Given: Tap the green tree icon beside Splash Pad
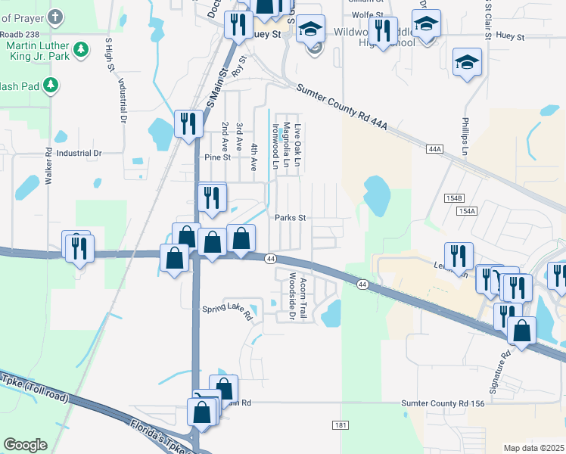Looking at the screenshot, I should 51,85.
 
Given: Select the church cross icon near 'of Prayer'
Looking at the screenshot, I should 54,17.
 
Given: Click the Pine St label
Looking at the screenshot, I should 217,157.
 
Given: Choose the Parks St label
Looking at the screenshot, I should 290,217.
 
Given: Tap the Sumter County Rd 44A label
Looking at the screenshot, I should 342,107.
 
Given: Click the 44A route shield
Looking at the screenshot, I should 434,150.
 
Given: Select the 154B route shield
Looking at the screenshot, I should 454,197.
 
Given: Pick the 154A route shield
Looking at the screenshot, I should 468,210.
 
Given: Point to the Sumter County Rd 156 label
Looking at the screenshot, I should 443,403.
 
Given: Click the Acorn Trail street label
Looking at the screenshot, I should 303,297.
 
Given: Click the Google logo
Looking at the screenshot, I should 25,445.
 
